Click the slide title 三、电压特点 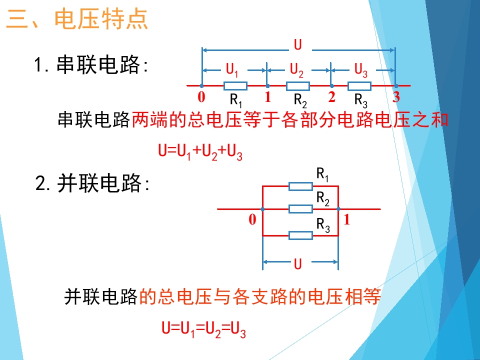(x=77, y=19)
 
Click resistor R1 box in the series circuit (x=235, y=86)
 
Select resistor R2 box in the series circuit (x=298, y=86)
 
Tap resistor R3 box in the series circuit (x=359, y=86)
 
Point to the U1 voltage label (x=231, y=70)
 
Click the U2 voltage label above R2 (x=296, y=70)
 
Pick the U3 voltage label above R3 (x=360, y=70)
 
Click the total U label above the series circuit (x=297, y=44)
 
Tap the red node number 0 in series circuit (x=201, y=97)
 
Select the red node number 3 (x=396, y=97)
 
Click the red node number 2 (x=331, y=96)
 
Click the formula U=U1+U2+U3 (x=200, y=152)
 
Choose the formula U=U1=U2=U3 (x=203, y=329)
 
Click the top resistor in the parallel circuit (x=300, y=186)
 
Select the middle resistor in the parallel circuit (x=300, y=209)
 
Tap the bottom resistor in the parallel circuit (x=300, y=235)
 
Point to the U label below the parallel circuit (x=297, y=263)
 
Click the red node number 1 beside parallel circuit (x=346, y=219)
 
